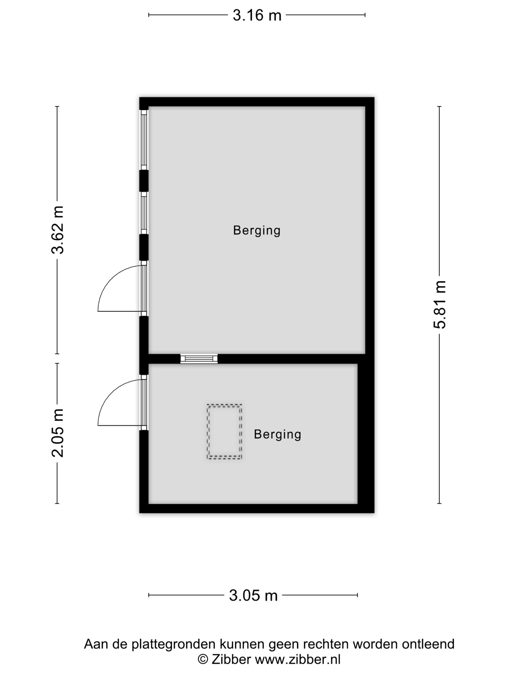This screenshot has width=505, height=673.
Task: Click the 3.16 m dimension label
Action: coord(257,15)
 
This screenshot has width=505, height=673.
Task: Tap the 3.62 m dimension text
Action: coord(57,230)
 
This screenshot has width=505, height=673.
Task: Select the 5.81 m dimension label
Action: coord(440,305)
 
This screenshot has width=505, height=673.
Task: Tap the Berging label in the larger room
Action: coord(257,231)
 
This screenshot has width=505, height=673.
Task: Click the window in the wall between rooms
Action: coord(199,358)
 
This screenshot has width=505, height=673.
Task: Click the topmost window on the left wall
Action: coord(144,140)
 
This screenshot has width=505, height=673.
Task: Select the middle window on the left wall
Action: coord(144,213)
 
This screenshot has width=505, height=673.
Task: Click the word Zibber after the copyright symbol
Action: coord(231,660)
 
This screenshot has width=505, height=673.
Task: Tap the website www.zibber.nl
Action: coord(297,660)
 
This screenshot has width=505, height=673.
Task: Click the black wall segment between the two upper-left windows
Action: coord(144,181)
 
